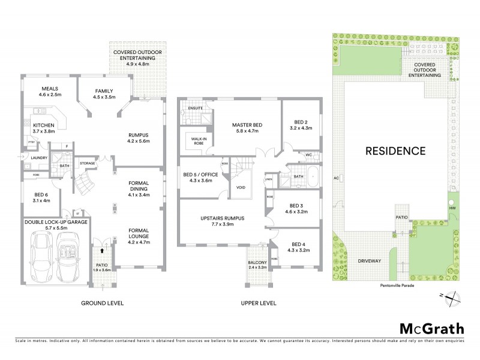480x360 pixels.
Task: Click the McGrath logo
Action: click(x=431, y=328)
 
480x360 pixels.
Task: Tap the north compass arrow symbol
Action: click(x=454, y=296)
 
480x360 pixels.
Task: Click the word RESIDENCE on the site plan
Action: click(x=395, y=151)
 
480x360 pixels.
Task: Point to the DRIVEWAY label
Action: click(x=370, y=261)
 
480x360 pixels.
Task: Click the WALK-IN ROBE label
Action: click(x=198, y=140)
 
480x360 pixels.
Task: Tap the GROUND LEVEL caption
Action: click(x=102, y=304)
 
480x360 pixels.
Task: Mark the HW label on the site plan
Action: click(x=452, y=208)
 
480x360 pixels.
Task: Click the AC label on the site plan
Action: click(x=337, y=178)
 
